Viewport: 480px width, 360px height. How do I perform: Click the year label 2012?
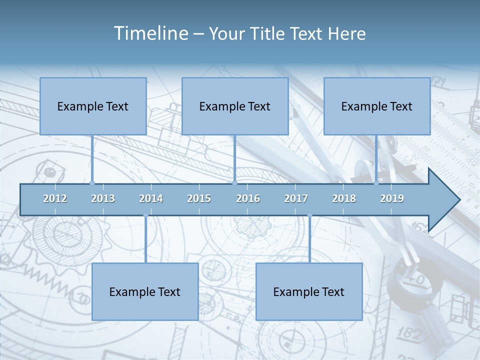pyautogui.click(x=55, y=198)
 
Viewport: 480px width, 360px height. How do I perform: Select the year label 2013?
pyautogui.click(x=103, y=198)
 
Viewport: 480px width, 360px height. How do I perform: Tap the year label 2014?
pyautogui.click(x=151, y=198)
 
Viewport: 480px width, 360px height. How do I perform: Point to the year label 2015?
pyautogui.click(x=199, y=198)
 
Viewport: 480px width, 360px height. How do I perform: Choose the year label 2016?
pyautogui.click(x=248, y=198)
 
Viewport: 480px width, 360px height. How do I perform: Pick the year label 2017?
pyautogui.click(x=296, y=198)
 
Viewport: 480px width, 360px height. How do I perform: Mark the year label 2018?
pyautogui.click(x=344, y=198)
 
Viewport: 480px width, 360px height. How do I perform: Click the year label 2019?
pyautogui.click(x=392, y=198)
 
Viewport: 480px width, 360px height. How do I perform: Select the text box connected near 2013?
pyautogui.click(x=93, y=106)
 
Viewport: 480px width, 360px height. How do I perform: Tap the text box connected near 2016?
pyautogui.click(x=235, y=106)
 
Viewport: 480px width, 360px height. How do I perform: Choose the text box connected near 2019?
pyautogui.click(x=377, y=106)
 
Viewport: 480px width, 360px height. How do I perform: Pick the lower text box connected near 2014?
pyautogui.click(x=145, y=291)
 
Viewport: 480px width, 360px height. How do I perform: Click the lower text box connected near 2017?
pyautogui.click(x=309, y=291)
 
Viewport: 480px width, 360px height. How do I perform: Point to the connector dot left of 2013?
pyautogui.click(x=92, y=183)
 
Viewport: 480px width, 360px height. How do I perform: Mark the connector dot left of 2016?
pyautogui.click(x=235, y=183)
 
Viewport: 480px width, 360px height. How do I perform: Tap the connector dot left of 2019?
pyautogui.click(x=376, y=183)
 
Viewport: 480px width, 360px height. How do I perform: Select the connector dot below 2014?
pyautogui.click(x=145, y=215)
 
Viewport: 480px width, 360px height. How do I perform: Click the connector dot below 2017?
pyautogui.click(x=309, y=215)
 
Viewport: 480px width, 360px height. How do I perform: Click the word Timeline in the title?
pyautogui.click(x=150, y=33)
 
